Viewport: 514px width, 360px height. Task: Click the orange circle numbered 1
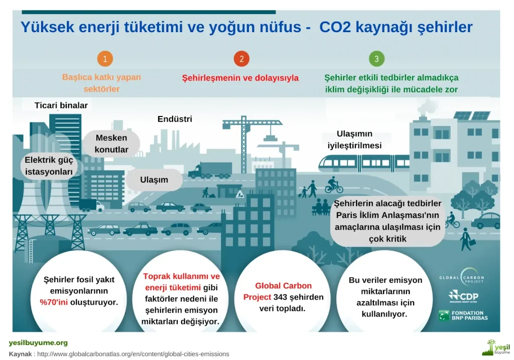[104, 59]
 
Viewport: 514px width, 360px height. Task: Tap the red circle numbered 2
[241, 59]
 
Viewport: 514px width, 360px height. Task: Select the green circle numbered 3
[376, 59]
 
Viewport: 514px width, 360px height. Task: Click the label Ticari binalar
[61, 105]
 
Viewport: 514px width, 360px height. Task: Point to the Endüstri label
[175, 119]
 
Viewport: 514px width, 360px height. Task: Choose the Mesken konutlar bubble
[111, 144]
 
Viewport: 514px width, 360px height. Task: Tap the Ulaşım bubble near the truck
[154, 179]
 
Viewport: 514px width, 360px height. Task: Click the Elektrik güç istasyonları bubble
[49, 166]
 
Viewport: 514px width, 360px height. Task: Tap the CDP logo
[463, 296]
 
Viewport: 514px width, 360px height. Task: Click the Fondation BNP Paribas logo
[463, 315]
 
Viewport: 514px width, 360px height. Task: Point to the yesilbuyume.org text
[38, 343]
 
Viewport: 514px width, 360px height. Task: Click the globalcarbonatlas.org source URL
[133, 353]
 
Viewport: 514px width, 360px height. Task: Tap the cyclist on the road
[333, 186]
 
